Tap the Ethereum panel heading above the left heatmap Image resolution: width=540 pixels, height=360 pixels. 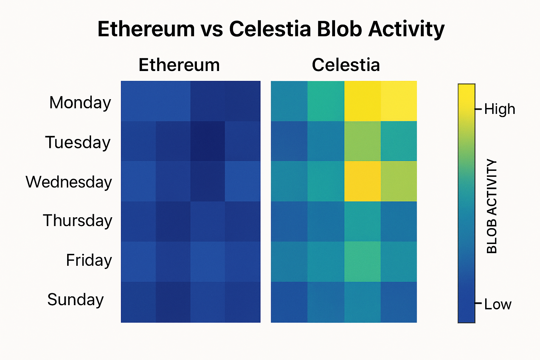tap(179, 65)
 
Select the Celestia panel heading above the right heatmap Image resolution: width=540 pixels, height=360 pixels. tap(346, 65)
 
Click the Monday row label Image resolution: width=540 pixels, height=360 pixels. tap(80, 103)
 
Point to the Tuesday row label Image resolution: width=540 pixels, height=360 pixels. tap(78, 142)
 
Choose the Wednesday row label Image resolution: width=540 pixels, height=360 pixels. tap(69, 182)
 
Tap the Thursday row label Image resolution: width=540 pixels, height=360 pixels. tap(77, 221)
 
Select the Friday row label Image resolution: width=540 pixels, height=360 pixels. tap(89, 261)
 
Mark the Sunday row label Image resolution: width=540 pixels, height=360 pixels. tap(76, 300)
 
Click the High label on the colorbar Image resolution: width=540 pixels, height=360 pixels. tap(499, 109)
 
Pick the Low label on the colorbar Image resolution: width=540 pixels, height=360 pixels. tap(497, 304)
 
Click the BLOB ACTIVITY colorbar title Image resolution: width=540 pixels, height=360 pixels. tap(492, 206)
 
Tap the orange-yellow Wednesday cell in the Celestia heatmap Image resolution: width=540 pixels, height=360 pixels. tap(362, 181)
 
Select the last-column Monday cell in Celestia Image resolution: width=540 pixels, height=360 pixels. tap(399, 101)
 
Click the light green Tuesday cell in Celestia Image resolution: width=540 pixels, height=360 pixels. tap(362, 141)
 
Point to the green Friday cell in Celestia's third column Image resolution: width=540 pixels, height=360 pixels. tap(362, 262)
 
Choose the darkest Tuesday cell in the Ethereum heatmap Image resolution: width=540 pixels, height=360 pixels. tap(207, 141)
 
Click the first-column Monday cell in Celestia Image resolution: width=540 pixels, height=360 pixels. tap(289, 101)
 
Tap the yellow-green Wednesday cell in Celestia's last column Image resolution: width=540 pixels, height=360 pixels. tap(399, 181)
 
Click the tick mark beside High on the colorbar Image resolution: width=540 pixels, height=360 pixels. tap(478, 109)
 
